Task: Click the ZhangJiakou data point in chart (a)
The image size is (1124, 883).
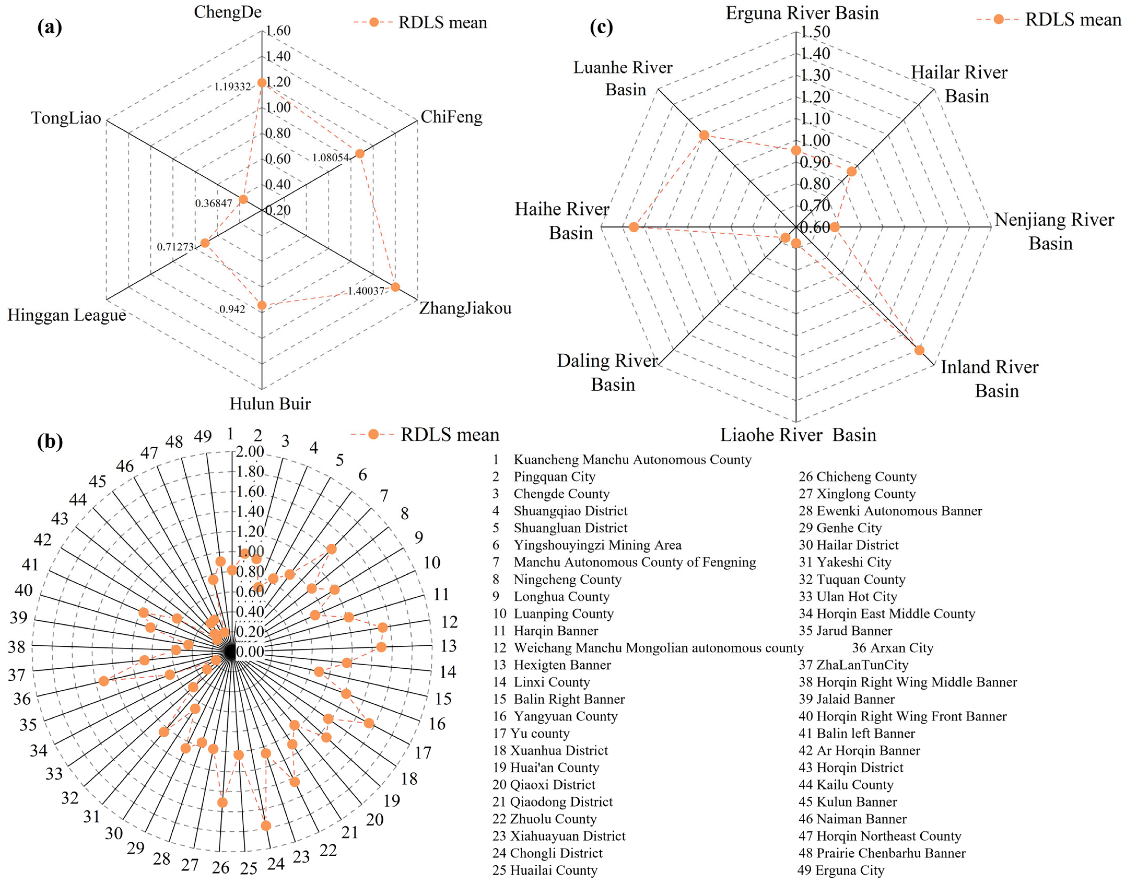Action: [x=395, y=287]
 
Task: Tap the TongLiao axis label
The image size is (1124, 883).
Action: [x=66, y=118]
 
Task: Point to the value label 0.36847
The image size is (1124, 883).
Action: [x=214, y=203]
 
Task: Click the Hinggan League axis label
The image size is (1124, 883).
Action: [x=67, y=315]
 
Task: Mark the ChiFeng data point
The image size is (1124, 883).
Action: [x=359, y=153]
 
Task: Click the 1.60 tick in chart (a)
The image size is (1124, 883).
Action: [x=278, y=31]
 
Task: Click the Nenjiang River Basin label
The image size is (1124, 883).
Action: [x=1054, y=231]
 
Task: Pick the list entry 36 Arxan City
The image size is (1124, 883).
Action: [x=892, y=648]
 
